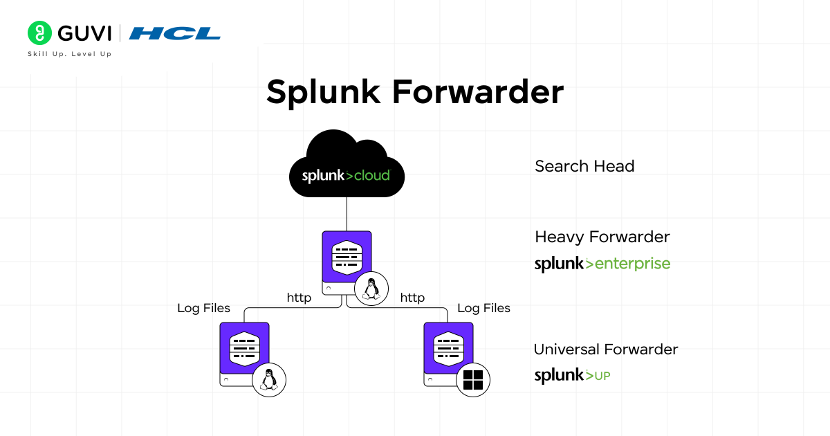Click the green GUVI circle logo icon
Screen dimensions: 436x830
click(40, 33)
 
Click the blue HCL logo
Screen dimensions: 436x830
click(175, 33)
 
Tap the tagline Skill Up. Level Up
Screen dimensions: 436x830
click(69, 54)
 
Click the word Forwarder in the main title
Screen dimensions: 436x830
click(478, 91)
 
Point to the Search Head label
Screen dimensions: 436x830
click(584, 166)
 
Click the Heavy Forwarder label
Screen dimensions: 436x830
click(602, 237)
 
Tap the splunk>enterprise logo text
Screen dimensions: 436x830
click(602, 264)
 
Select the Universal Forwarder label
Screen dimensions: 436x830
click(606, 349)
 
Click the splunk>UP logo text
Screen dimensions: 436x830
click(572, 376)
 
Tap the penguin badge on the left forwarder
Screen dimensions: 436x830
click(269, 381)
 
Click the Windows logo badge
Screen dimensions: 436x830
click(473, 380)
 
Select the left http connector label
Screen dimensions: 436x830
click(299, 298)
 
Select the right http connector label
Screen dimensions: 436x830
click(412, 298)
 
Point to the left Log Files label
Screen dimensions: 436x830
click(203, 308)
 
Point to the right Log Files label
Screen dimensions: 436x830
click(483, 308)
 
